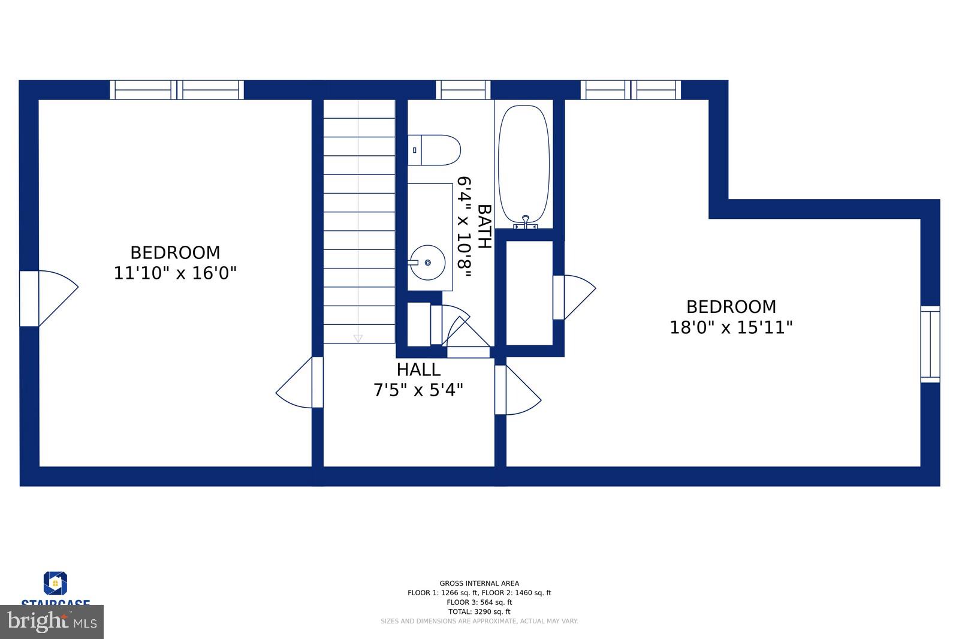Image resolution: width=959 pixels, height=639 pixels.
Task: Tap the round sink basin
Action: [x=427, y=262]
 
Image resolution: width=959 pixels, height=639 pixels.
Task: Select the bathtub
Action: [x=523, y=164]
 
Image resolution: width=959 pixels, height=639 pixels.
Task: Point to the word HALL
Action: [x=418, y=369]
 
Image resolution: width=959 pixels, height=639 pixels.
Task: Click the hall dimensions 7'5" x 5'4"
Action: [x=418, y=391]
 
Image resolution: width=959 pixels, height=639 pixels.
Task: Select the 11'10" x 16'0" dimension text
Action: [x=175, y=273]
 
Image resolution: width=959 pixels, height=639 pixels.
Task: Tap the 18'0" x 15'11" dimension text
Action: [x=731, y=328]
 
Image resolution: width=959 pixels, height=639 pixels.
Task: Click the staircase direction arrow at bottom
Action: [x=358, y=338]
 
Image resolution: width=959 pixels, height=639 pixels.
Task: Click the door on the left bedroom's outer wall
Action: [x=48, y=298]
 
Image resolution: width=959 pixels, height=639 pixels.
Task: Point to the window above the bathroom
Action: [x=463, y=90]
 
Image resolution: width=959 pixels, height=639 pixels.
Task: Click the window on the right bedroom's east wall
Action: [x=930, y=344]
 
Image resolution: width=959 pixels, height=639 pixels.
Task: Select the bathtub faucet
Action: [x=526, y=222]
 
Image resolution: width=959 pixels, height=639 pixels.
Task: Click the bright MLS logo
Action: [x=52, y=622]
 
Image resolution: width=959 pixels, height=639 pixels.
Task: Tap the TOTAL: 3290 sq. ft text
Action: [x=479, y=612]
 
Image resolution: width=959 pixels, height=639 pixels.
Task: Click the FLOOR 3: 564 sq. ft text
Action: [x=479, y=602]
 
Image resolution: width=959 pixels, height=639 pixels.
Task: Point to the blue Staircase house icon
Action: [x=55, y=583]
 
